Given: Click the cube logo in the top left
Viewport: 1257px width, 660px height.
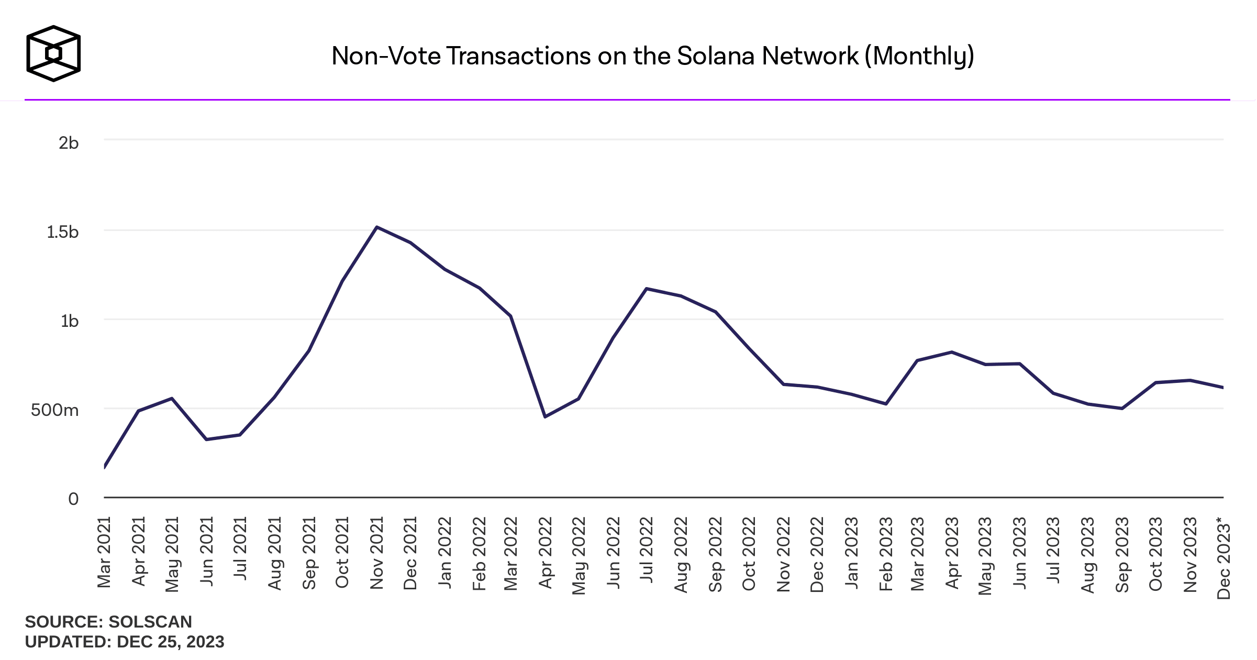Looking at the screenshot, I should click(53, 53).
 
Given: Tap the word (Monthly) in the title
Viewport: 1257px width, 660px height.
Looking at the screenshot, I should click(919, 56).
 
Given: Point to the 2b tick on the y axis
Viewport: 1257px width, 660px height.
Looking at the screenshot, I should click(69, 142).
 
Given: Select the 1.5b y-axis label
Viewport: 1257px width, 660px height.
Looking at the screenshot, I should click(63, 232).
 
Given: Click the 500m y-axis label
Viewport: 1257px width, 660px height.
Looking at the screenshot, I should click(55, 410).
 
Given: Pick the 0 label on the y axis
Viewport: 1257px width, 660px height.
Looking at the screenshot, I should click(73, 499).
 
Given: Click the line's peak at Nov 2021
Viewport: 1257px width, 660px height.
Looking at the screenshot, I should click(377, 227).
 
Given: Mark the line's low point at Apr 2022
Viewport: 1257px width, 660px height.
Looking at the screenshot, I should click(545, 417).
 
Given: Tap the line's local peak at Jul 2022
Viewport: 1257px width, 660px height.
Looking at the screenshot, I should click(647, 289).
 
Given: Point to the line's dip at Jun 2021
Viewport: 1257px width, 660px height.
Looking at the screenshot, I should click(206, 439).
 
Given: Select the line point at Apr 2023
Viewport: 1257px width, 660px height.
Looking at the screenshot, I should click(952, 352).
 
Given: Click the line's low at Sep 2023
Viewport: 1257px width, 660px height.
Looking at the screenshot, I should click(1122, 409).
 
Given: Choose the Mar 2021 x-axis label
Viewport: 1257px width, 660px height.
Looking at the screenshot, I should click(104, 552).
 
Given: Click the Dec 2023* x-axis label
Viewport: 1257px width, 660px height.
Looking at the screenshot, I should click(1223, 557).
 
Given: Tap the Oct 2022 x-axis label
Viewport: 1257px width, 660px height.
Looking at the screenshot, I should click(749, 554).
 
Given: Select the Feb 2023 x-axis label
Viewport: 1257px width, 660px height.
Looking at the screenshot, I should click(885, 554).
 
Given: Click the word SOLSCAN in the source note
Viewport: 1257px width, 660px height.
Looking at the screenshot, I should click(150, 622).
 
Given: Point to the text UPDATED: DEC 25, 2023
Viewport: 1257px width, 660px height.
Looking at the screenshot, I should click(125, 642).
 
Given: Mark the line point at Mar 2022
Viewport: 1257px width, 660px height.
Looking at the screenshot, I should click(510, 316).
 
